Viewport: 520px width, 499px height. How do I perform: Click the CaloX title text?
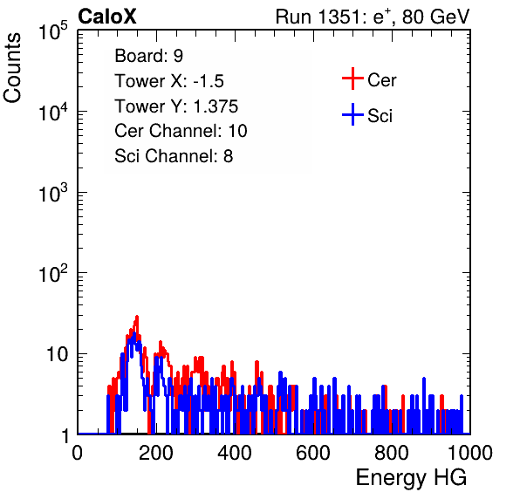[107, 17]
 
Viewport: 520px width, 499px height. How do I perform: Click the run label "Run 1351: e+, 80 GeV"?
[373, 17]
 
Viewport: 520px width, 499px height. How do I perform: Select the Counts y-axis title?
[12, 68]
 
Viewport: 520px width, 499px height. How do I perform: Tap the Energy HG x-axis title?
[411, 478]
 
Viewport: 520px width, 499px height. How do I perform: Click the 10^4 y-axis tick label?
[53, 112]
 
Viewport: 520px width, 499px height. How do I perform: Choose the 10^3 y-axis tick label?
[53, 193]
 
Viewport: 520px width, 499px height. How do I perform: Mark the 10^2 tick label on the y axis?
[53, 274]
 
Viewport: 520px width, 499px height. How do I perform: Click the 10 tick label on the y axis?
[58, 354]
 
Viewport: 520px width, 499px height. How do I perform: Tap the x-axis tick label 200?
[156, 453]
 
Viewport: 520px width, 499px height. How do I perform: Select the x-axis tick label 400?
[235, 453]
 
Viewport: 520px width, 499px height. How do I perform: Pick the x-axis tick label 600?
[313, 453]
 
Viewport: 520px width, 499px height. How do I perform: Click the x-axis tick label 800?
[392, 453]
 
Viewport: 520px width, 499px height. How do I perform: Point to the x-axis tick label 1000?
[469, 453]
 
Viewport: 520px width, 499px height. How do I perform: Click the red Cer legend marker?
[352, 79]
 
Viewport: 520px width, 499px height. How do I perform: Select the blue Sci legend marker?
[352, 115]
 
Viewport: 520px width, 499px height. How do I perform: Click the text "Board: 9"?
[148, 56]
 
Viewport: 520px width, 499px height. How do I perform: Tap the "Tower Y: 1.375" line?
[176, 106]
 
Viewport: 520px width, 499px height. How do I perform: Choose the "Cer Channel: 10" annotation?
[181, 131]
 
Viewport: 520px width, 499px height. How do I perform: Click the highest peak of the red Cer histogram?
[137, 317]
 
